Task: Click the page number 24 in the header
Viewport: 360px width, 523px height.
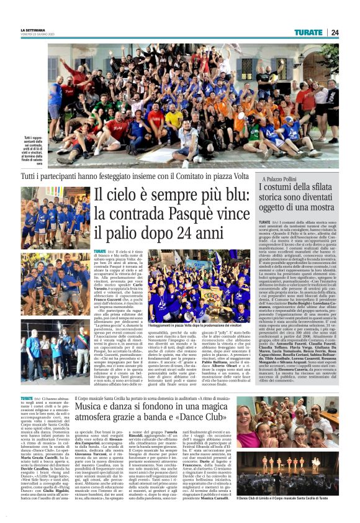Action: point(335,32)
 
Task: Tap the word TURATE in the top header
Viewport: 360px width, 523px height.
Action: point(308,32)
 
